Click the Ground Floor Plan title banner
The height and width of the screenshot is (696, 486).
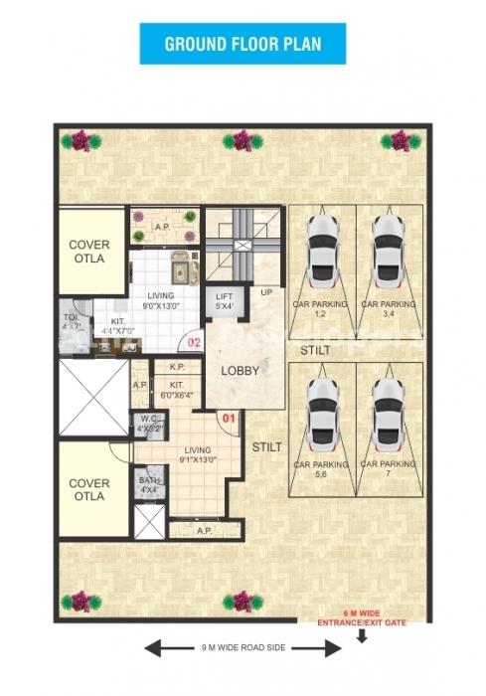243,44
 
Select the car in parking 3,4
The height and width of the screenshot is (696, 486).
388,250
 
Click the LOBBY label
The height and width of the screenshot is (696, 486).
240,371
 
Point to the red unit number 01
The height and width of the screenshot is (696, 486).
228,418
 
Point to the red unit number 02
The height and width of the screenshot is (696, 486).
195,344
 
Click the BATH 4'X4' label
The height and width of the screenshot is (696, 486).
150,485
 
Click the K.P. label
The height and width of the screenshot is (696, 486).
177,367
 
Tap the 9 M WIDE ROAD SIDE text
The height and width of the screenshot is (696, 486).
243,647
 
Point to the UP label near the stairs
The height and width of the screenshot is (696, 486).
266,292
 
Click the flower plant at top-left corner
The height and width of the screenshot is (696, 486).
80,141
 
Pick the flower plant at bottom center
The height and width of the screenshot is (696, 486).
241,601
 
